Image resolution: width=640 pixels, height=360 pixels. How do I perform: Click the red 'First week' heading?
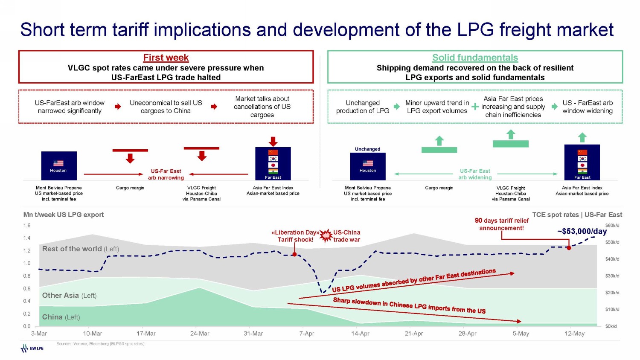click(166, 58)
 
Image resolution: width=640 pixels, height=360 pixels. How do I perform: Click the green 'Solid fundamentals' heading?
click(475, 58)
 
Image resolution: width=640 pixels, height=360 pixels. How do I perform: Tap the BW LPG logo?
click(32, 348)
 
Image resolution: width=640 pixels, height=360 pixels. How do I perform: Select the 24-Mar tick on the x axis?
click(200, 334)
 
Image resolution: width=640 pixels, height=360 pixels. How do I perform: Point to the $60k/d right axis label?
click(612, 225)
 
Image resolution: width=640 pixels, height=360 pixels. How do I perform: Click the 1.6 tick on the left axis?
click(27, 225)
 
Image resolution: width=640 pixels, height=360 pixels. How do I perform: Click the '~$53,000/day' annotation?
click(582, 231)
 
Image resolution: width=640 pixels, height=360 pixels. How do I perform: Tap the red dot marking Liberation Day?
click(294, 255)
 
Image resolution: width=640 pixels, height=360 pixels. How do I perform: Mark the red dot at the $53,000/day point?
click(569, 247)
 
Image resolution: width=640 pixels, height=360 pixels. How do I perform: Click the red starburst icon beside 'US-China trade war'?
click(326, 235)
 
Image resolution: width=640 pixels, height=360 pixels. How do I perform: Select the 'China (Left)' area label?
click(61, 317)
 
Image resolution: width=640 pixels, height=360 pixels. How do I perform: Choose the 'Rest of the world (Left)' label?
click(80, 249)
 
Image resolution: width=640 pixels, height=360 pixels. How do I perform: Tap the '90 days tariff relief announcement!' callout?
click(501, 224)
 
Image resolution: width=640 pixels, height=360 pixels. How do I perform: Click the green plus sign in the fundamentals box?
click(475, 107)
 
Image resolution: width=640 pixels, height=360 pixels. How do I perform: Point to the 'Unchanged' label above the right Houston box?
click(367, 149)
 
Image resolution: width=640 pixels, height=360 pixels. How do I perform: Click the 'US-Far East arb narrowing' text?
click(166, 174)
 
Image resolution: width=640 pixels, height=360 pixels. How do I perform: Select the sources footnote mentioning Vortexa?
click(100, 344)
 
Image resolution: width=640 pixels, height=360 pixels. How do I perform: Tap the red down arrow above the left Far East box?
click(273, 141)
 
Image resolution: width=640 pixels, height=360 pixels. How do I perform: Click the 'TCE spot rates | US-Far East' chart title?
click(577, 215)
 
